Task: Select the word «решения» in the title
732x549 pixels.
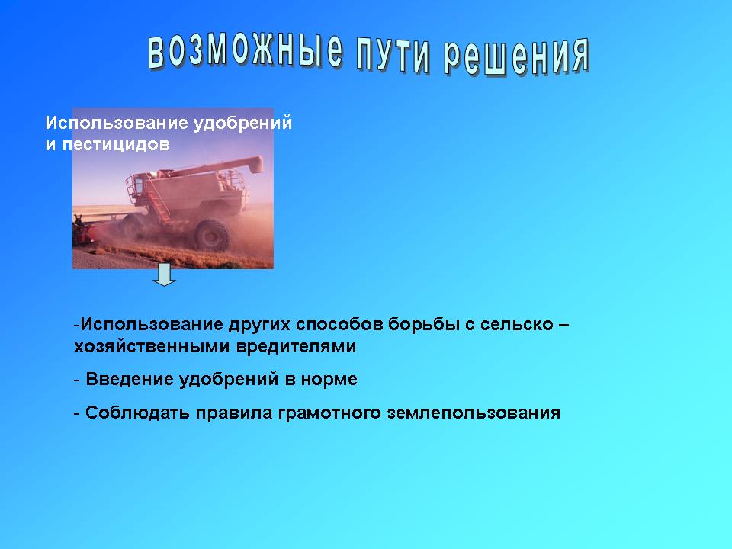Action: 516,57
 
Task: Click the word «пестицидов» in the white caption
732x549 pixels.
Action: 116,145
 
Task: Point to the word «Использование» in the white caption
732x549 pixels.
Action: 117,123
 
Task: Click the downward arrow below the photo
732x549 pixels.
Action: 164,274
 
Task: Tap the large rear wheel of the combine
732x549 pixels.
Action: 213,235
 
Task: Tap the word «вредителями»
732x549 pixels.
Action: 296,346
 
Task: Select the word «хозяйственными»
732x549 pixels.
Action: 152,346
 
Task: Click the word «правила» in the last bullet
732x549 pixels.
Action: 234,413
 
